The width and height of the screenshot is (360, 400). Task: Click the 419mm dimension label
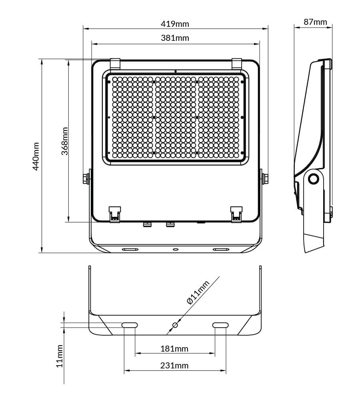175,24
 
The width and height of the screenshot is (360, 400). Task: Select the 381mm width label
175,38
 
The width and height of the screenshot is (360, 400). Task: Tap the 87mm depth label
315,22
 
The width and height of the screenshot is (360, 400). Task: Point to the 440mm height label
36,156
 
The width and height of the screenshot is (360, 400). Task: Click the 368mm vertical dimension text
64,141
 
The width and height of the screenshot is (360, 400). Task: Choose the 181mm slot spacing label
174,349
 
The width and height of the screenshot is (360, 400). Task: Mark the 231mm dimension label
174,366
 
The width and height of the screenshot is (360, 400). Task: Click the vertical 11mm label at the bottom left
59,356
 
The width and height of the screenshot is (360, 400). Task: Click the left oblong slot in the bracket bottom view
130,325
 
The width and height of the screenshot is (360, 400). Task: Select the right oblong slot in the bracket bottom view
220,325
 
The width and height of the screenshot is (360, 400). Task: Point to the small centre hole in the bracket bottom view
175,325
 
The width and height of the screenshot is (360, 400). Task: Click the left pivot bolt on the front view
86,178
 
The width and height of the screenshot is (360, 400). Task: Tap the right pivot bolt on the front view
265,178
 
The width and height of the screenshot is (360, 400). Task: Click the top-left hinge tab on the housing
115,63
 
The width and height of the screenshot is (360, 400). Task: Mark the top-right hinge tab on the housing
237,63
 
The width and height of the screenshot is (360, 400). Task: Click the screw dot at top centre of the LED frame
176,71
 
